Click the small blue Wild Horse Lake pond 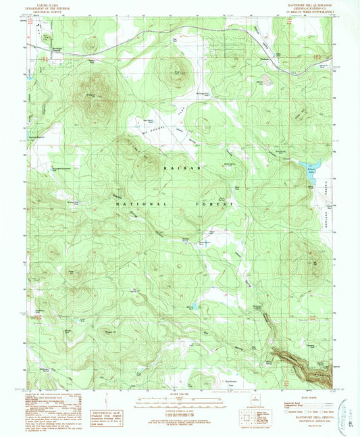point(194,307)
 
